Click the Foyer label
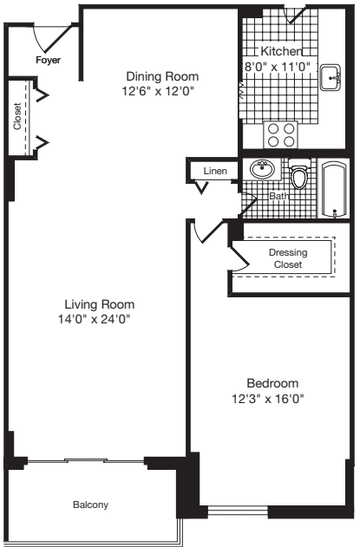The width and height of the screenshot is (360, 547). tap(48, 62)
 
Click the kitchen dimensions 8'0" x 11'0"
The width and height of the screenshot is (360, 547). tap(277, 65)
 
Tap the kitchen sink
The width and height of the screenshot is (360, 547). tap(331, 77)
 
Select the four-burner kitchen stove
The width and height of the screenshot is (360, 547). tap(280, 135)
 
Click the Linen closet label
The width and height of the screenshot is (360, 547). tap(214, 171)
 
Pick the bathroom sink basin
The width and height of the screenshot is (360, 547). tap(260, 169)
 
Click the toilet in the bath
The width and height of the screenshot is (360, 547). tap(300, 177)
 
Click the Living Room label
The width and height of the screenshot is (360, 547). tap(100, 304)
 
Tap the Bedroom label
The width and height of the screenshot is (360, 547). tap(272, 383)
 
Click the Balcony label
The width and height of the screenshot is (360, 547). tap(90, 505)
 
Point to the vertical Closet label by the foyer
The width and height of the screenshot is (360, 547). tap(17, 118)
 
